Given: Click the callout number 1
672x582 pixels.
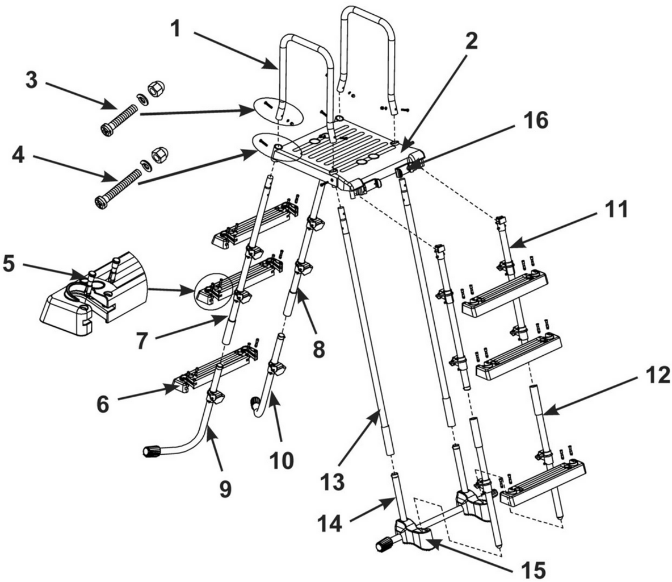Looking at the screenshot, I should pyautogui.click(x=177, y=28).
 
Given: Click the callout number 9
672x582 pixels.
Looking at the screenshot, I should pyautogui.click(x=226, y=488).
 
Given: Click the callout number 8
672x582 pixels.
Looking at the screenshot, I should pyautogui.click(x=318, y=348).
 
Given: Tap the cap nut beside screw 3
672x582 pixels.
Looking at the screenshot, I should pyautogui.click(x=153, y=88).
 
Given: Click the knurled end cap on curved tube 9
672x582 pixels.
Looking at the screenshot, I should pyautogui.click(x=150, y=452).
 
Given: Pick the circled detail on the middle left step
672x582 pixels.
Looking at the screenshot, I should pyautogui.click(x=215, y=290).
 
